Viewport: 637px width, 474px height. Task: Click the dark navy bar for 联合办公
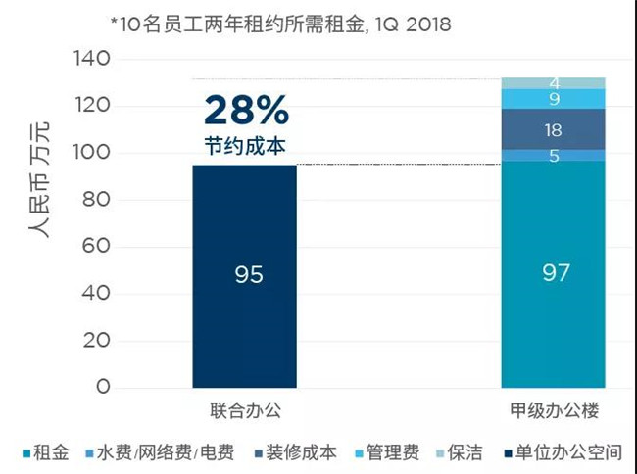click(x=245, y=276)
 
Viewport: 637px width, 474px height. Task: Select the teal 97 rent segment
click(x=554, y=274)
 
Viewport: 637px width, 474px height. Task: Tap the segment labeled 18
click(x=554, y=129)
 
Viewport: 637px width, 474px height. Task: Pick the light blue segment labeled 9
click(x=554, y=99)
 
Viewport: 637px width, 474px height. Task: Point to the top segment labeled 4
click(x=554, y=83)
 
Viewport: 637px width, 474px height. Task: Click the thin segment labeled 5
click(x=554, y=156)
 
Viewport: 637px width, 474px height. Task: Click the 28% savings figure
click(x=247, y=110)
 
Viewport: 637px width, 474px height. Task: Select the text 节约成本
click(x=245, y=146)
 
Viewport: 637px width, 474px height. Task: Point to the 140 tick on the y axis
click(x=92, y=58)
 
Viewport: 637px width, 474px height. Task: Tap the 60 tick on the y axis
click(x=96, y=246)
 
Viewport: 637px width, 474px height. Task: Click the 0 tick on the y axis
click(x=103, y=387)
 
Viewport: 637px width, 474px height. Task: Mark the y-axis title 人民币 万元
click(x=39, y=180)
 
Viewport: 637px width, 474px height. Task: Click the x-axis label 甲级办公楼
click(x=555, y=410)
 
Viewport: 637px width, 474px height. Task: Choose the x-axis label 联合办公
click(x=245, y=410)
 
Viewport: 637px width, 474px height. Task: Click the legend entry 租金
click(x=46, y=452)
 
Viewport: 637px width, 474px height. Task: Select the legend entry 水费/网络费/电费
click(x=160, y=452)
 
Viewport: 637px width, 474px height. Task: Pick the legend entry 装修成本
click(x=296, y=452)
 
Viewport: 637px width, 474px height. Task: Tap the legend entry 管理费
click(x=387, y=452)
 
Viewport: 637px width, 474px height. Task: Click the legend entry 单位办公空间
click(x=563, y=452)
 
